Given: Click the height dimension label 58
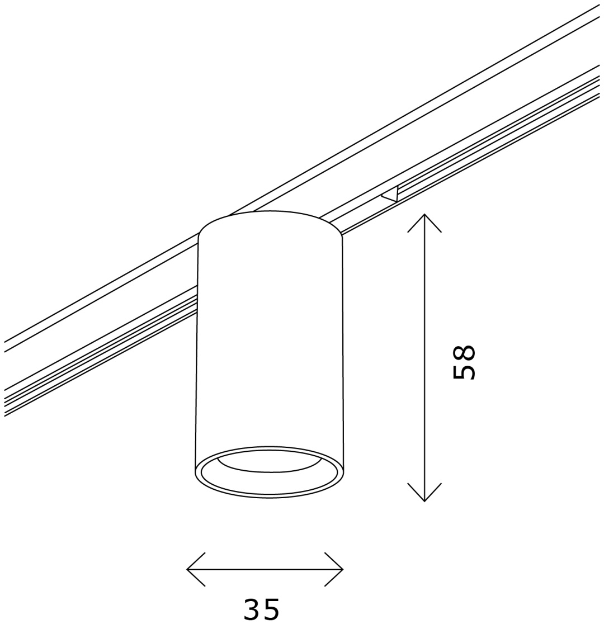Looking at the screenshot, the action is coord(464,362).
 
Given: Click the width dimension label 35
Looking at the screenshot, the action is coord(261,608).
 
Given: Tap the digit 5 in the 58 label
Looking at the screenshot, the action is coord(464,371).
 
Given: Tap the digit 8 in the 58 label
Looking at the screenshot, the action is coord(464,353).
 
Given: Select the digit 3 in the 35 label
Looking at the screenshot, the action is coord(252,608).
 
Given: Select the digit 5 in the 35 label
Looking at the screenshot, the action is coord(271,608).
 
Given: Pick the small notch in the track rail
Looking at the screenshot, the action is coord(390,193).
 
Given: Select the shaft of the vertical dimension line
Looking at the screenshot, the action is coord(424,357).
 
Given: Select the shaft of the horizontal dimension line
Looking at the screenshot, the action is coord(265,569).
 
